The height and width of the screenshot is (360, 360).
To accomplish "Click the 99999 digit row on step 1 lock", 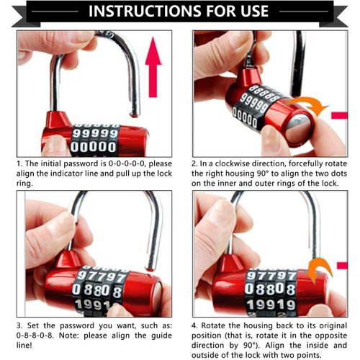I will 96,133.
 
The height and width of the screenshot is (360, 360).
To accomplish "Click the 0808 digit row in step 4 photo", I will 270,289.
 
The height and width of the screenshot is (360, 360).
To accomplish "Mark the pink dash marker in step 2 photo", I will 338,114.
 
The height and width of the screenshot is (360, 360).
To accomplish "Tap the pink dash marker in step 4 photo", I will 341,266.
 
